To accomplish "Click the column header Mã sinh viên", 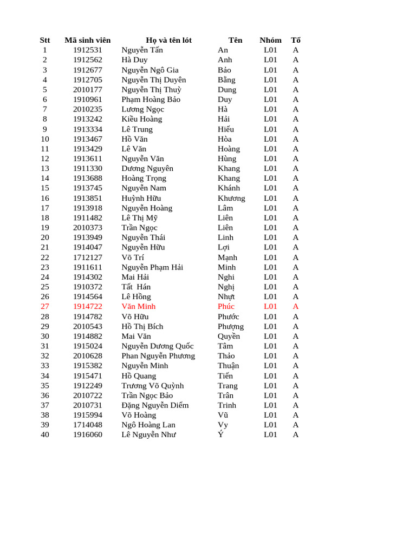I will coord(87,40).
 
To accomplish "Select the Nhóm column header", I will coord(270,40).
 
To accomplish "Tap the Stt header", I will coord(45,40).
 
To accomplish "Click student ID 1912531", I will coord(87,50).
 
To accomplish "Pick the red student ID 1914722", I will coord(87,306).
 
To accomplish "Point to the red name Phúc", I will coord(226,306).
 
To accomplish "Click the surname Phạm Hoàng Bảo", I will coord(151,99).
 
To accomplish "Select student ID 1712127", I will coord(87,257).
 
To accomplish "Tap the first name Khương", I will coord(231,198).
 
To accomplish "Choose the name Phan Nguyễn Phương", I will coord(158,355).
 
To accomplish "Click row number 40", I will coord(45,434).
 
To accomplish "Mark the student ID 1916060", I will coord(87,434).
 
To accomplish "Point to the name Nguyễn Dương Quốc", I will coord(157,346).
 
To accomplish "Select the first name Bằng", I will coord(226,80).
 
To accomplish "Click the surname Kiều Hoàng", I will coord(141,119).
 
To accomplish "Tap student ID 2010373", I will coord(87,227).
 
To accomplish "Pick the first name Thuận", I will coord(228,366).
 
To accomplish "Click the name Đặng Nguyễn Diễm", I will coord(155,405).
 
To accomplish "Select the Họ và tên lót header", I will coord(168,40).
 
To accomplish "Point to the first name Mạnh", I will coord(227,257).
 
